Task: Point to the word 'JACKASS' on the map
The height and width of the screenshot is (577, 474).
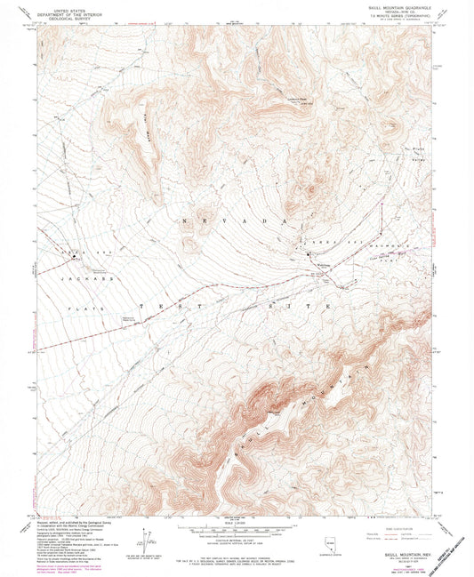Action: point(78,278)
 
